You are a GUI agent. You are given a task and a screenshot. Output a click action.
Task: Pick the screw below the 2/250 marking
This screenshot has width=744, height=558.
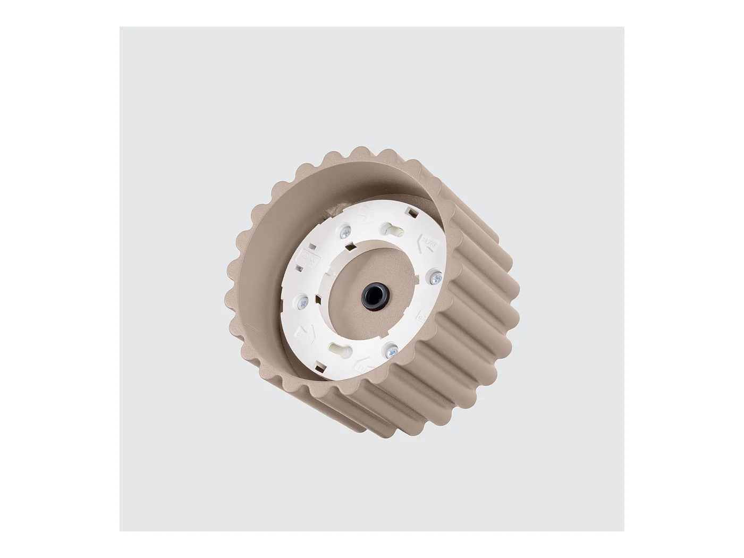tap(302, 301)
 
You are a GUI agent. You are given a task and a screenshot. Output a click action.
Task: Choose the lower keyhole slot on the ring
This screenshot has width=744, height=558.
tap(339, 349)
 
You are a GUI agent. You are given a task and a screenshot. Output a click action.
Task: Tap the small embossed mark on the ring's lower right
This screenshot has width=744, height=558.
tap(420, 317)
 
